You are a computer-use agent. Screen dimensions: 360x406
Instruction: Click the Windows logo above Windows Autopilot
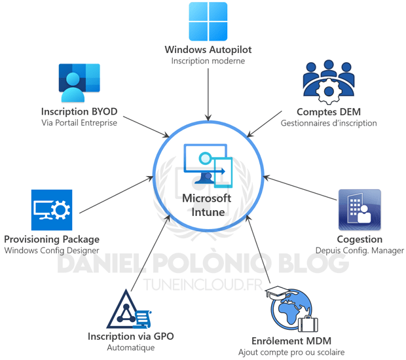[208, 22]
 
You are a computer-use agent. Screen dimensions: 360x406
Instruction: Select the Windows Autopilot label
[208, 50]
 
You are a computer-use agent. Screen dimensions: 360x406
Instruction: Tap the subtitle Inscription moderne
[208, 62]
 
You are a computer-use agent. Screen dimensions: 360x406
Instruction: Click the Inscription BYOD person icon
[79, 83]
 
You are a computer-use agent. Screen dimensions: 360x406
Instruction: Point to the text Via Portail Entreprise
[79, 123]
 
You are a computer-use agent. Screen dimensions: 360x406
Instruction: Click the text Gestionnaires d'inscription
[329, 122]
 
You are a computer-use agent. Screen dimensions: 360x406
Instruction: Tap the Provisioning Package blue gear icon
[52, 210]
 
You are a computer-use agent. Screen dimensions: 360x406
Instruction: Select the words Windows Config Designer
[52, 250]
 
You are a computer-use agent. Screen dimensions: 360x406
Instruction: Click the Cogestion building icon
[359, 211]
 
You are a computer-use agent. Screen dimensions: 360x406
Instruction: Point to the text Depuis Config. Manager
[360, 250]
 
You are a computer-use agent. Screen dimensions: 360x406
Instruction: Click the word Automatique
[130, 348]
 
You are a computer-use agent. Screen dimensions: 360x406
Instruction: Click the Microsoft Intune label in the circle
[207, 205]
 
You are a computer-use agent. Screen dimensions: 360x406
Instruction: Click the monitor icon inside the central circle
[208, 164]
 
